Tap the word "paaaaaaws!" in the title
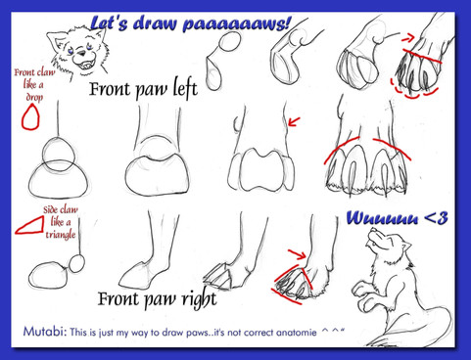coord(236,24)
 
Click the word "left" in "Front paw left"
coord(185,89)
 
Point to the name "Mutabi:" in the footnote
coord(45,332)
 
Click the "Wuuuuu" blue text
coord(382,218)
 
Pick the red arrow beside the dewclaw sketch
coord(294,121)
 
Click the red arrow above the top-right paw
coord(407,38)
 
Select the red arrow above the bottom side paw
coord(297,253)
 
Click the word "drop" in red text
coord(34,98)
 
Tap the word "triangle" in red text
coord(61,235)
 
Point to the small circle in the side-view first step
coord(76,263)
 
